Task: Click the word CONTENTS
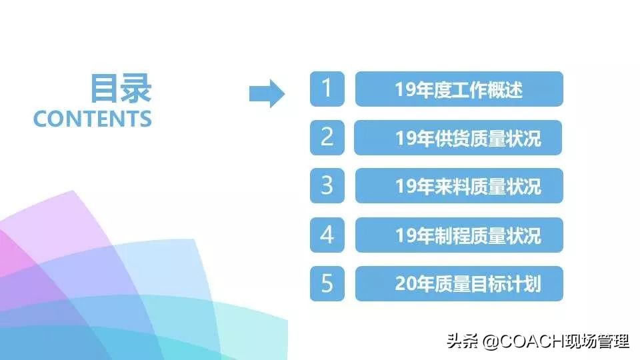pyautogui.click(x=93, y=119)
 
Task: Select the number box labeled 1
pyautogui.click(x=327, y=89)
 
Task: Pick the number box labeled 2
pyautogui.click(x=327, y=137)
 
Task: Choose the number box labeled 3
pyautogui.click(x=327, y=186)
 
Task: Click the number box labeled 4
pyautogui.click(x=327, y=235)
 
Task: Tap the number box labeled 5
pyautogui.click(x=327, y=283)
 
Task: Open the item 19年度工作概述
pyautogui.click(x=459, y=89)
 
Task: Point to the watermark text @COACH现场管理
pyautogui.click(x=556, y=342)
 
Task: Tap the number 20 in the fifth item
pyautogui.click(x=405, y=284)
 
